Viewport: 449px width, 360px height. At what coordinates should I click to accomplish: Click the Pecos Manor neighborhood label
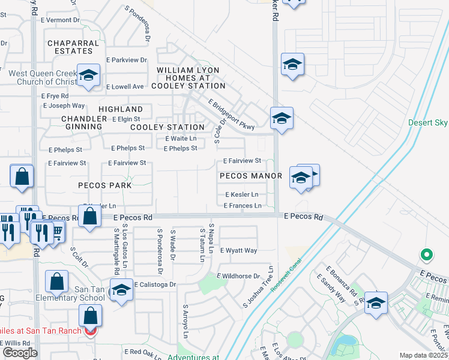[250, 176]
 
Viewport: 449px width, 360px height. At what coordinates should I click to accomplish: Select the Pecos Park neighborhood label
[105, 185]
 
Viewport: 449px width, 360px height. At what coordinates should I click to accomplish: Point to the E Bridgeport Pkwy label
[232, 115]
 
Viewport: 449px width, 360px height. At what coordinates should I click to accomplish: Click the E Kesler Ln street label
[241, 194]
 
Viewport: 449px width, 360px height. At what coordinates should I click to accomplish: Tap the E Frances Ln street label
[243, 206]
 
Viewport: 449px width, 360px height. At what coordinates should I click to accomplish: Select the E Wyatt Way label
[238, 250]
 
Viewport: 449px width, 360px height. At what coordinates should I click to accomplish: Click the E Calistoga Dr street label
[154, 284]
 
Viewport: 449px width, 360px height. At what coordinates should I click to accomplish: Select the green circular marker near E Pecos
[426, 255]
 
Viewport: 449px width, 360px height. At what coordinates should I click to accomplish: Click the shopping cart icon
[57, 230]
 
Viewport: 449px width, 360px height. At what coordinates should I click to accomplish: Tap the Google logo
[20, 352]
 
